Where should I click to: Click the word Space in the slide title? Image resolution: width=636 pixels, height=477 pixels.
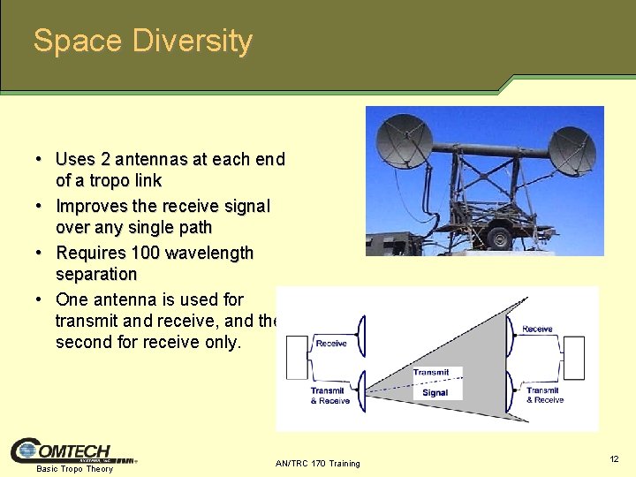pyautogui.click(x=78, y=42)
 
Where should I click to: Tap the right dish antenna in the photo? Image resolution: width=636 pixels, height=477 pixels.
pyautogui.click(x=572, y=150)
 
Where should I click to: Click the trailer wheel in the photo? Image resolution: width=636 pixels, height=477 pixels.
pyautogui.click(x=500, y=237)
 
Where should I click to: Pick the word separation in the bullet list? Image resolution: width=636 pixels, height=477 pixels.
pyautogui.click(x=96, y=274)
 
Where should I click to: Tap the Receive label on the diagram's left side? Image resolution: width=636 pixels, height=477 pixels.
pyautogui.click(x=331, y=344)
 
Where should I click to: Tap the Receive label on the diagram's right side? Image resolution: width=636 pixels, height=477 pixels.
pyautogui.click(x=537, y=329)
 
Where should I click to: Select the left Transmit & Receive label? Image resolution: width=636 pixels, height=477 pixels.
pyautogui.click(x=329, y=396)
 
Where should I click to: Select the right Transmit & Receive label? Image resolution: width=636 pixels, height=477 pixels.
pyautogui.click(x=545, y=395)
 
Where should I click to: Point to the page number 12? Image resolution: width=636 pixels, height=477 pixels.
pyautogui.click(x=614, y=459)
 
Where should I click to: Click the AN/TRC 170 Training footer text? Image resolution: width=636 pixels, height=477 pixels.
pyautogui.click(x=318, y=464)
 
